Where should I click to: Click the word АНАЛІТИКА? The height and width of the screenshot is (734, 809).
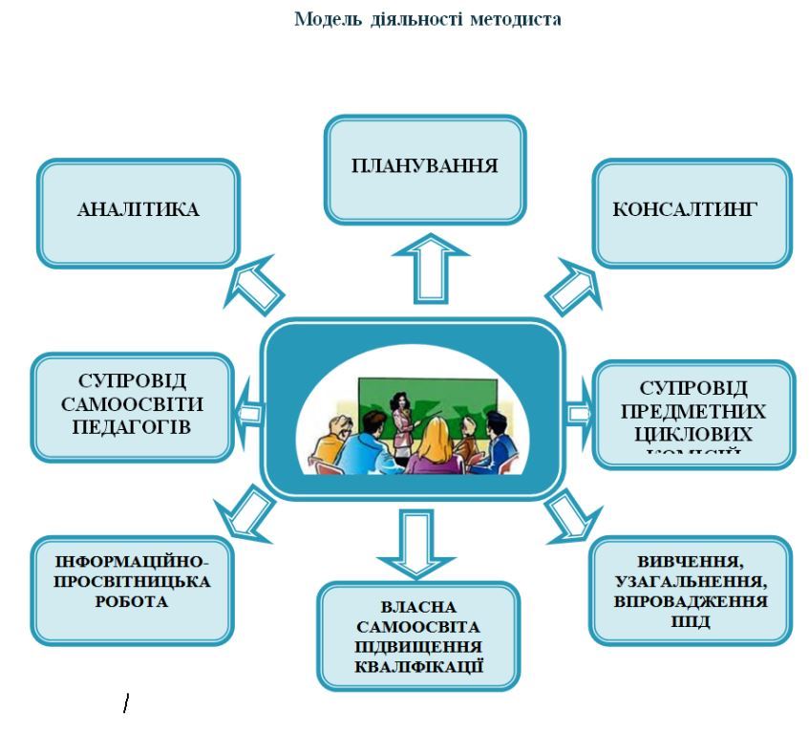(x=138, y=211)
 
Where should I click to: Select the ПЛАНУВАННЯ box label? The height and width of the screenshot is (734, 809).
(x=424, y=164)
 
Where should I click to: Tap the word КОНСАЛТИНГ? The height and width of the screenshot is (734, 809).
(x=692, y=210)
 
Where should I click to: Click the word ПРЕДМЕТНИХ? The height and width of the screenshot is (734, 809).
(x=692, y=412)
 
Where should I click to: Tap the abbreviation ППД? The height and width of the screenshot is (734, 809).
(x=691, y=621)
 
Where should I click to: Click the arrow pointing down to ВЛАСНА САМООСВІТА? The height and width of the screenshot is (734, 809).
(x=404, y=543)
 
